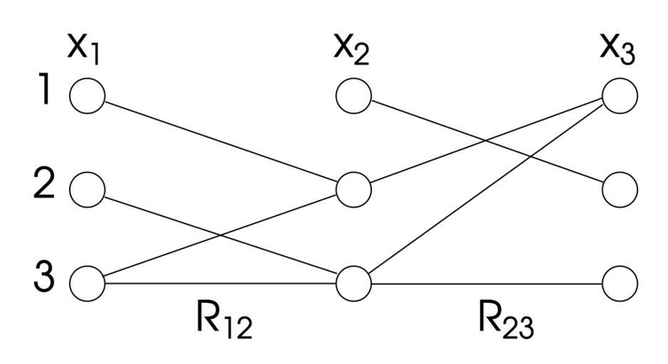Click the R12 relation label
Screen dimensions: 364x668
coord(224,321)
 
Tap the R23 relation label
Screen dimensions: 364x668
coord(505,321)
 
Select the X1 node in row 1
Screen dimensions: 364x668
coord(88,95)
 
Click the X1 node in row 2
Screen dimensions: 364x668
coord(88,189)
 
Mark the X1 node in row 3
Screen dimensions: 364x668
coord(88,282)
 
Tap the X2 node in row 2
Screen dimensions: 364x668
coord(353,189)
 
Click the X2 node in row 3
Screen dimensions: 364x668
coord(353,283)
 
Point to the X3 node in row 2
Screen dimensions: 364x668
coord(620,189)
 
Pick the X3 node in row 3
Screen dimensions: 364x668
coord(620,283)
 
